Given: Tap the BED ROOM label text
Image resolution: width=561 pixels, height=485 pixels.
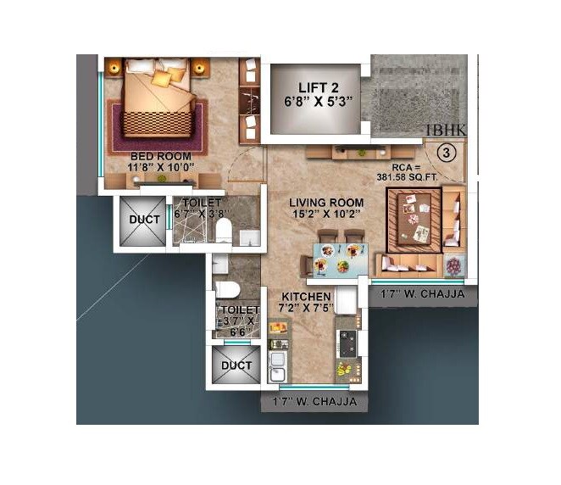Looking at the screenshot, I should pyautogui.click(x=161, y=157).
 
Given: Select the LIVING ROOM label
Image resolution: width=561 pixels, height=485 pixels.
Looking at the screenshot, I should pyautogui.click(x=326, y=203).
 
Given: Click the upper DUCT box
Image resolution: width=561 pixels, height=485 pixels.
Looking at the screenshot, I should pyautogui.click(x=139, y=220).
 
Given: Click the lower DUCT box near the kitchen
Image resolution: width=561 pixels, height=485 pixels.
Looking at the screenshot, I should pyautogui.click(x=236, y=365).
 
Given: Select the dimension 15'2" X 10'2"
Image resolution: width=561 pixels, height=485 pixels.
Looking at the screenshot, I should pyautogui.click(x=326, y=215).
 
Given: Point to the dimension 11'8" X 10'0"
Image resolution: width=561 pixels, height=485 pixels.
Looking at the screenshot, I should pyautogui.click(x=161, y=168).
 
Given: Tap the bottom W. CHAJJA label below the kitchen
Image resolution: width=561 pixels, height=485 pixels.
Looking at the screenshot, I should pyautogui.click(x=314, y=402).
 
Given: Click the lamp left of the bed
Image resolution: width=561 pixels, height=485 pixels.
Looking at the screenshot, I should pyautogui.click(x=114, y=66).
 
